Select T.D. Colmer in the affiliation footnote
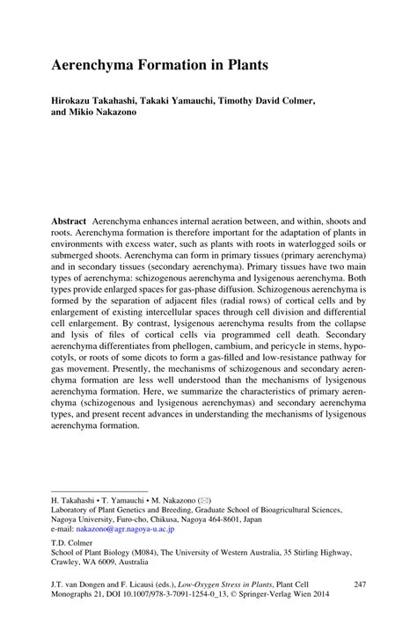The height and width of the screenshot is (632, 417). coord(74,543)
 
